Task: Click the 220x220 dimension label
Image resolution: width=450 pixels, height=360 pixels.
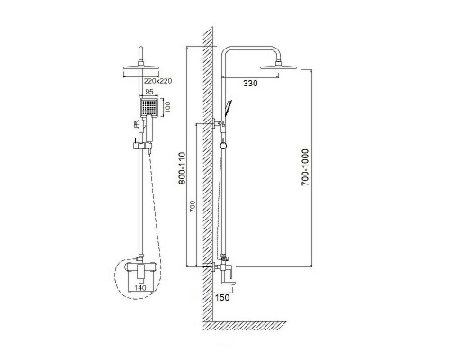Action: (158, 81)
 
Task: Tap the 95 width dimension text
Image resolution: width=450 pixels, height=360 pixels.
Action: (149, 92)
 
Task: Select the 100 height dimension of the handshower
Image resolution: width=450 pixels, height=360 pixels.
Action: (167, 107)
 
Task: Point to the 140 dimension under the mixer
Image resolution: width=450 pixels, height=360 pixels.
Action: (140, 288)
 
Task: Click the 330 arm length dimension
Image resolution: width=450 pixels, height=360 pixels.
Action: (250, 84)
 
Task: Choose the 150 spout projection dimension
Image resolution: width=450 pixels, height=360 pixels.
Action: (222, 297)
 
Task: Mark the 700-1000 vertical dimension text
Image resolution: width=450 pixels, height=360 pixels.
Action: (305, 167)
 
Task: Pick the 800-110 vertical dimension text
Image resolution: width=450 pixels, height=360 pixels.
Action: (182, 168)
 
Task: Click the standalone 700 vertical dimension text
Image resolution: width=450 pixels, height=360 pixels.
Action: (193, 206)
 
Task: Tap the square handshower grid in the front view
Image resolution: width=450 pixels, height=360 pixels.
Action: (148, 107)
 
